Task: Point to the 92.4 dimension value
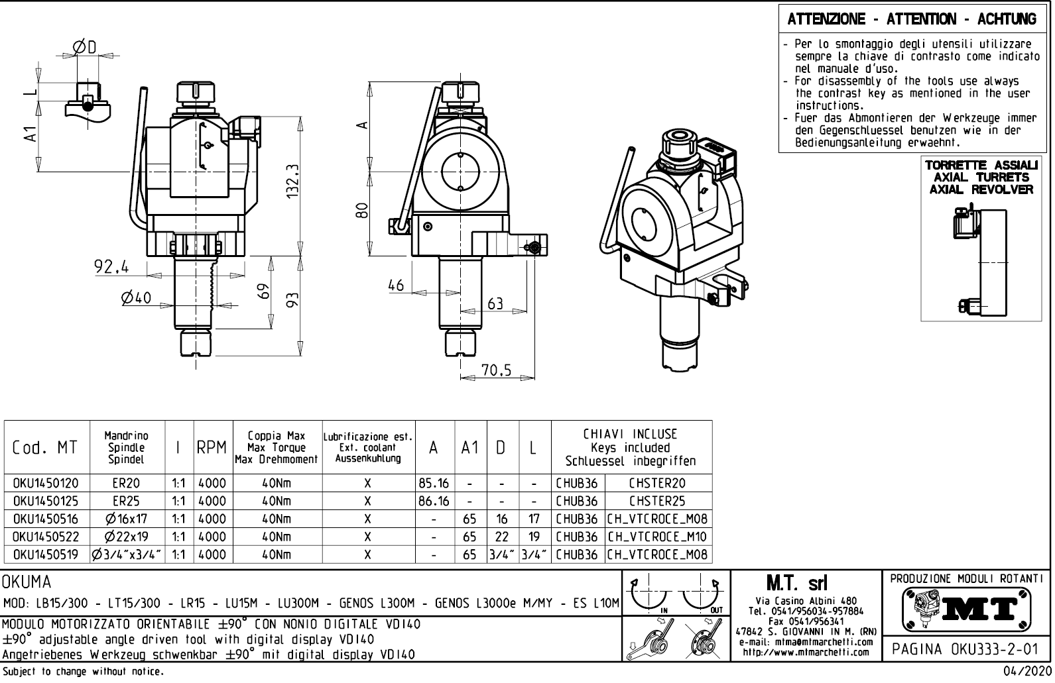(111, 267)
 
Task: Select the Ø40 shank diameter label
(136, 298)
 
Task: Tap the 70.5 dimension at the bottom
(497, 371)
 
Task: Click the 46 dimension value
(396, 286)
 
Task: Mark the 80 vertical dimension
(361, 211)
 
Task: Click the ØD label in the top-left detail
(86, 47)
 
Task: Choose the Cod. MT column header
(45, 448)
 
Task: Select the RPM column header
(212, 448)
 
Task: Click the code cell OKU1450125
(46, 501)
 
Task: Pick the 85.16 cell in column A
(434, 484)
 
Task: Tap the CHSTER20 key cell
(657, 484)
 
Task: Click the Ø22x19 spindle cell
(126, 537)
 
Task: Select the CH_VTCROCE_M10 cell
(657, 537)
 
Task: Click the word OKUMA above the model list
(27, 583)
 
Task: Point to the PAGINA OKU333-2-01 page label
(965, 649)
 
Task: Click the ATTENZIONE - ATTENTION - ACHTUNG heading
(912, 19)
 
